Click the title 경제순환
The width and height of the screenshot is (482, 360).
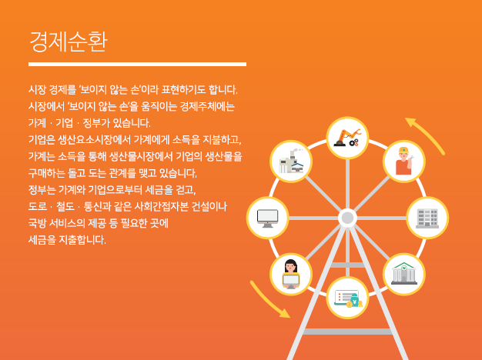click(69, 42)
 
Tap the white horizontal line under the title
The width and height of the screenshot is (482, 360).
click(137, 64)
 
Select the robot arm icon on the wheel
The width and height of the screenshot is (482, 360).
click(348, 138)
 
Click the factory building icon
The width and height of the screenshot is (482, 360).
click(291, 162)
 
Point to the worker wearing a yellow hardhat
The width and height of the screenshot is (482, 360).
click(404, 161)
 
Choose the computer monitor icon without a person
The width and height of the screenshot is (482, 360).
click(267, 218)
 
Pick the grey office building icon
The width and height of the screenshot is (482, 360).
click(427, 218)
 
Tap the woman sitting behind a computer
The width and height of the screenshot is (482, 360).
click(291, 274)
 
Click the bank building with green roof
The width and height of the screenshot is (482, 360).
click(404, 273)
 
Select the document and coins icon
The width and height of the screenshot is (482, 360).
click(348, 298)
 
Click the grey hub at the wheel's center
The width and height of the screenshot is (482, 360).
click(348, 218)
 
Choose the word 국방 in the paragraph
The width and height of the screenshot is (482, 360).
click(37, 223)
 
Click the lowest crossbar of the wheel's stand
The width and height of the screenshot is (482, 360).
click(348, 332)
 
